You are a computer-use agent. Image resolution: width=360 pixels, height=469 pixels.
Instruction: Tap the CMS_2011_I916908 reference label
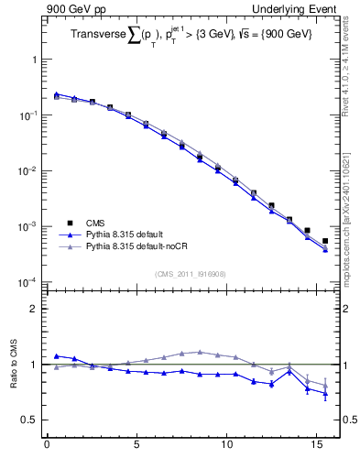pos(190,274)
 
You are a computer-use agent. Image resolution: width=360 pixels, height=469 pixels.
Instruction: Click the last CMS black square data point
pos(325,241)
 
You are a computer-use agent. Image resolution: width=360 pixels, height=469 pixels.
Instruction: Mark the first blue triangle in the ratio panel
pos(56,356)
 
